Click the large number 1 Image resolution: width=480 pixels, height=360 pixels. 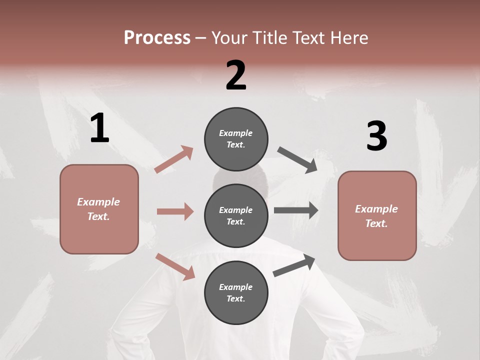[x=99, y=128]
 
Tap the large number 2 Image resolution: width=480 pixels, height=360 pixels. [x=236, y=75]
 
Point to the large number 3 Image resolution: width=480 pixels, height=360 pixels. [x=376, y=137]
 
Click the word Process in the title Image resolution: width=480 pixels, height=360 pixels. [x=157, y=37]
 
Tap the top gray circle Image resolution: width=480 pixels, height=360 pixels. [x=236, y=138]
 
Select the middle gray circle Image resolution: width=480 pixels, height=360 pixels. [x=236, y=215]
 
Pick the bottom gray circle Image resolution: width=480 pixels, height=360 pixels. [x=236, y=292]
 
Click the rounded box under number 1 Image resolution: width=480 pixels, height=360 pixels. [x=99, y=209]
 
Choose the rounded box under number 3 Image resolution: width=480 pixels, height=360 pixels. [x=377, y=215]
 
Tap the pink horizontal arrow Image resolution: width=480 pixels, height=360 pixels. [x=175, y=211]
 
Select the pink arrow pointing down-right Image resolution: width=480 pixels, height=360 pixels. [x=175, y=266]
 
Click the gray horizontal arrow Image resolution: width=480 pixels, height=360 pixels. [x=296, y=210]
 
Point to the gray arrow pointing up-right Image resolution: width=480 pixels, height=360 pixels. [x=294, y=265]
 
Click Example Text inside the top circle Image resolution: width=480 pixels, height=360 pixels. [x=236, y=138]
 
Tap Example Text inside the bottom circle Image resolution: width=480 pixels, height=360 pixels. [x=236, y=292]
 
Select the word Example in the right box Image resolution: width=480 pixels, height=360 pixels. [x=376, y=209]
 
